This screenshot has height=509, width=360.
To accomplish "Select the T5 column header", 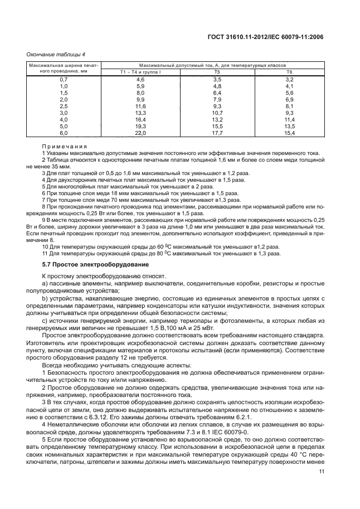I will [x=217, y=72].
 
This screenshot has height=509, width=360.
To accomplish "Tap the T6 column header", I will [x=289, y=72].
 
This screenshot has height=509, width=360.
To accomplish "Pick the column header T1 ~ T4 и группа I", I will [x=140, y=72].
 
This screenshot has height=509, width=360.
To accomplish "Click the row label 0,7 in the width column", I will [x=64, y=80].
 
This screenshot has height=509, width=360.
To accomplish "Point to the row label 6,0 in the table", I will [x=64, y=134].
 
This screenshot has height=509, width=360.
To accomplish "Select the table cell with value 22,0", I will [x=140, y=134].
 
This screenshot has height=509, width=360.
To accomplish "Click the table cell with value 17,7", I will [x=217, y=134].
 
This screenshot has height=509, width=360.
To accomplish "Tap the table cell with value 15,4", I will [x=289, y=134].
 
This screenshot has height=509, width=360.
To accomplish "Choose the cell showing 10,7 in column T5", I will [x=217, y=113].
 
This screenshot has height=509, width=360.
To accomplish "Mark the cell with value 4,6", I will [x=140, y=80].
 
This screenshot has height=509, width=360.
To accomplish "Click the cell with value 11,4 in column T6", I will [x=289, y=120].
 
